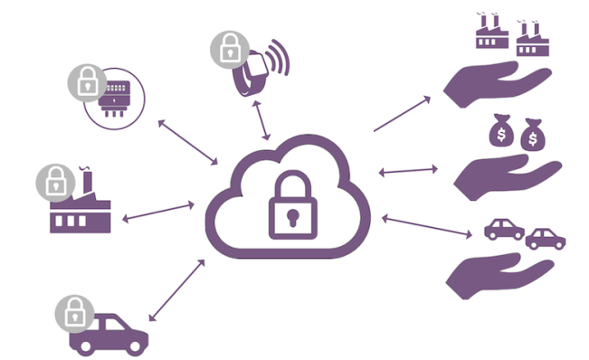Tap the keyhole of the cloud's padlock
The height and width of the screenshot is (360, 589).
(294, 217)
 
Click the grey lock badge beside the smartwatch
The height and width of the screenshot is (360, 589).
(228, 50)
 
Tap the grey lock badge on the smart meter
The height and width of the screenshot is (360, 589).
(87, 83)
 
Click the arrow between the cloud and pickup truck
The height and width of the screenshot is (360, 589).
(176, 289)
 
